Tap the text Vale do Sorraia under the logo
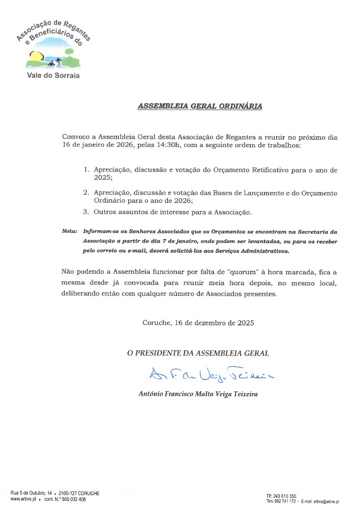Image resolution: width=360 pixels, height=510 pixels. coord(54,75)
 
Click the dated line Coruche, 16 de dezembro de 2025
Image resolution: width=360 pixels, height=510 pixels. coord(198,323)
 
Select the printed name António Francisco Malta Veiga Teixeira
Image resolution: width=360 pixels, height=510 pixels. coord(198,394)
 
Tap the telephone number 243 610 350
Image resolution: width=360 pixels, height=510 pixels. coord(284,496)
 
